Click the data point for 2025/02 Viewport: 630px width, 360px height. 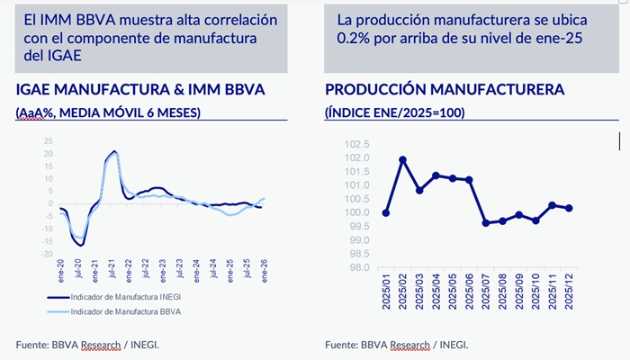[402, 160]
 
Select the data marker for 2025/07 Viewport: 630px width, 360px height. [486, 222]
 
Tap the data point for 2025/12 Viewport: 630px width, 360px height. [569, 208]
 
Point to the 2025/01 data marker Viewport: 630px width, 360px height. [386, 213]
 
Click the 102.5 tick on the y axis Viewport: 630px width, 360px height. [358, 144]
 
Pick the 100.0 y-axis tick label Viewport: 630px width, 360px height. [358, 212]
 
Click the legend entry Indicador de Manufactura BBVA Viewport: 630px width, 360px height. [125, 311]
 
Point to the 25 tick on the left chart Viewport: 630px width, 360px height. [49, 140]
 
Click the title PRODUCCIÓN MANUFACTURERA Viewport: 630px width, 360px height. [445, 89]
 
